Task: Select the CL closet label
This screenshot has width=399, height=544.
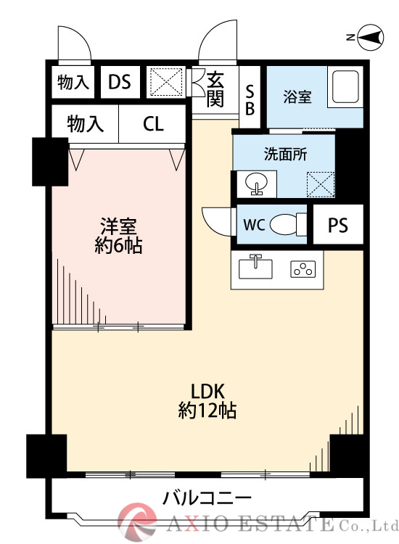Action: pyautogui.click(x=153, y=124)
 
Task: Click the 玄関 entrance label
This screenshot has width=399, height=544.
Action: pyautogui.click(x=215, y=89)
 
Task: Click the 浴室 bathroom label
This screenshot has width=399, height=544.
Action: pyautogui.click(x=297, y=96)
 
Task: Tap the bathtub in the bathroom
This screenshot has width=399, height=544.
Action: pyautogui.click(x=345, y=88)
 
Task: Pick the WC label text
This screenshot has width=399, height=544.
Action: pyautogui.click(x=253, y=224)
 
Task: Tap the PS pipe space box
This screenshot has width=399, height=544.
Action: pyautogui.click(x=337, y=226)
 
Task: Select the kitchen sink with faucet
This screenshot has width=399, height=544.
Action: pyautogui.click(x=255, y=267)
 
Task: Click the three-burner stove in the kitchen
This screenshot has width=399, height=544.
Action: pyautogui.click(x=303, y=270)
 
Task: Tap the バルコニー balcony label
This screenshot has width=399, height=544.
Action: pyautogui.click(x=207, y=498)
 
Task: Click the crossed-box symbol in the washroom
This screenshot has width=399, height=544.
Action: pyautogui.click(x=319, y=183)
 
